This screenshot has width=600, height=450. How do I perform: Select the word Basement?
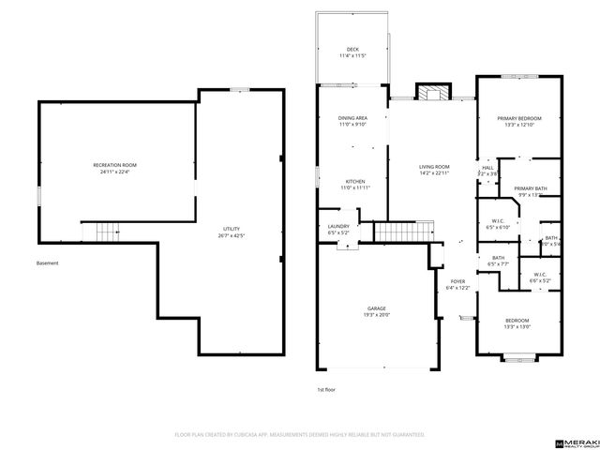48,263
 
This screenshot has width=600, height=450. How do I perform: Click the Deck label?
352,53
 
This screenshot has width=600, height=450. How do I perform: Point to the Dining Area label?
352,121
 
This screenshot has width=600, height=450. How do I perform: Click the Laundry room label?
337,229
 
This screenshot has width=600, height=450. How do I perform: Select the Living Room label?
434,170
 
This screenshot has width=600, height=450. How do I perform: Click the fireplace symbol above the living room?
432,93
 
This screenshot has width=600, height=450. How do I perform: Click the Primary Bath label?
531,192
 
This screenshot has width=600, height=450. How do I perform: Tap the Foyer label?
457,284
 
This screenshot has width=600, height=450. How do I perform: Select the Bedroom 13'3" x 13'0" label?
517,323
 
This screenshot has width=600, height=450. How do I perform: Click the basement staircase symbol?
102,231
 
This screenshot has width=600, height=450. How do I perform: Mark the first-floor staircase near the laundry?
404,231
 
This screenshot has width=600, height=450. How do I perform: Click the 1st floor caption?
325,388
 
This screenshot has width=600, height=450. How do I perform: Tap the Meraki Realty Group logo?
573,438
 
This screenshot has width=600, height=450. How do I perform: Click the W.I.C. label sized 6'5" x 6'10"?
496,224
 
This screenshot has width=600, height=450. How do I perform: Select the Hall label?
487,172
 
